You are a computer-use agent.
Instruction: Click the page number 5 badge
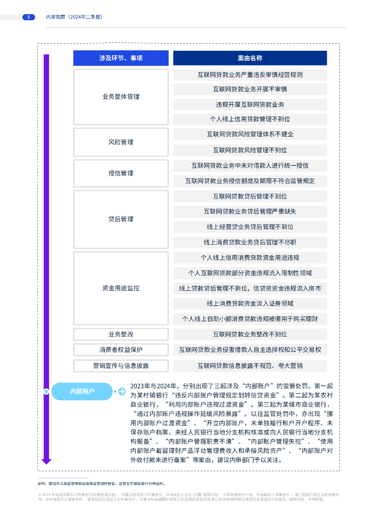28,17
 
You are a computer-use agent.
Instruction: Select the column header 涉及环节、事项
121,58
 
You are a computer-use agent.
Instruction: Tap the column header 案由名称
250,58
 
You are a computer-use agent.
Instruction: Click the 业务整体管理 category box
121,97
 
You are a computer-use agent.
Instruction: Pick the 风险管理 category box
121,142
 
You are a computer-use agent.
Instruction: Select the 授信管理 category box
121,174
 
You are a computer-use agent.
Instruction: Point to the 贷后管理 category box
121,219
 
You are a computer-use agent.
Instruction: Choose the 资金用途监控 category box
121,288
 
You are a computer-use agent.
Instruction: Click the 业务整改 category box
121,334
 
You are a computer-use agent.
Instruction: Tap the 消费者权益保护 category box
121,350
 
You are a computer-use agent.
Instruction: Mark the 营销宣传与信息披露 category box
121,366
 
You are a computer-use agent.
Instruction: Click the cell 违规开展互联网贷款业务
250,104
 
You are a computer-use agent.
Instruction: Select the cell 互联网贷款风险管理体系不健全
250,134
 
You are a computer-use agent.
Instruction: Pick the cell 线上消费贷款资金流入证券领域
250,303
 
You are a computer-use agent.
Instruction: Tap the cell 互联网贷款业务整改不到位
250,334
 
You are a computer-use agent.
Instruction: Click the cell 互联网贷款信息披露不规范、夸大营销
250,366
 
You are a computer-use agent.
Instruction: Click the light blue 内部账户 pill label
82,392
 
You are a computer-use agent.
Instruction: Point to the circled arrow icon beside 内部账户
122,392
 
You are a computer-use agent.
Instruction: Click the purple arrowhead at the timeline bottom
46,460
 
